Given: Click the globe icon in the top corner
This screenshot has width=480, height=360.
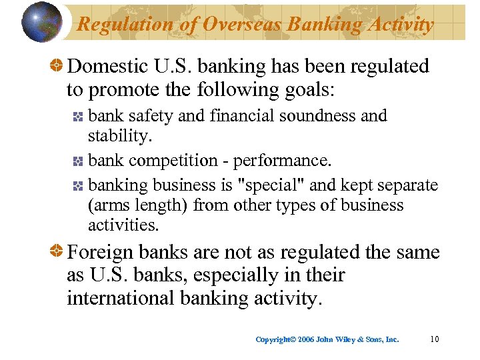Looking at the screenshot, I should (41, 22).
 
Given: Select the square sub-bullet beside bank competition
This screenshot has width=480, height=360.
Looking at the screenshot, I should (77, 161).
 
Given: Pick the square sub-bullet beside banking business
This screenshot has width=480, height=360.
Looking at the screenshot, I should (77, 184).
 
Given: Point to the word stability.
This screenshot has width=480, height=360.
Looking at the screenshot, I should (120, 137).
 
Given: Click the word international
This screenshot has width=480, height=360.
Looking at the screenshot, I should (121, 298).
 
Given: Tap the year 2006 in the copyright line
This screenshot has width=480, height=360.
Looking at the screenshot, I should (306, 339).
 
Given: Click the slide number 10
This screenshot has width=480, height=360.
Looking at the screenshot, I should (434, 339).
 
